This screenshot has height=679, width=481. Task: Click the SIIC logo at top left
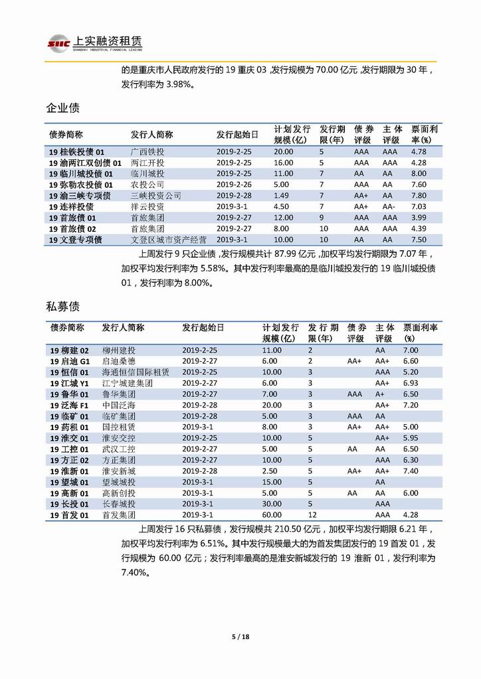point(58,42)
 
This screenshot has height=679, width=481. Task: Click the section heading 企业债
point(63,108)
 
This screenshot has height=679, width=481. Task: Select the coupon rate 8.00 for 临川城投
point(419,173)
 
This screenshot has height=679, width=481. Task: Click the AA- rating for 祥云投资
point(389,206)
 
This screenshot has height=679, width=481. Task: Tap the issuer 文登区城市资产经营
point(169,239)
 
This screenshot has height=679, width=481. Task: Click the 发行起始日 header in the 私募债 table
point(203,328)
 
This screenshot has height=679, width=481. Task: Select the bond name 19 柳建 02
point(70,350)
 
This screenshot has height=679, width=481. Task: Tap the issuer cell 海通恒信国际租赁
point(136,372)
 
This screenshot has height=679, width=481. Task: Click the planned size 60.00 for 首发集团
point(273,514)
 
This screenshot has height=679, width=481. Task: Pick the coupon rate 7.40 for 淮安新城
point(411,471)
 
